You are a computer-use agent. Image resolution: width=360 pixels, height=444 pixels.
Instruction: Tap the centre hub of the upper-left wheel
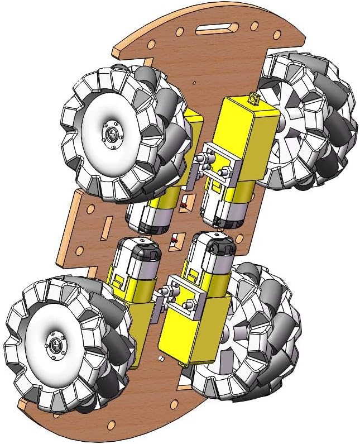pyautogui.click(x=112, y=135)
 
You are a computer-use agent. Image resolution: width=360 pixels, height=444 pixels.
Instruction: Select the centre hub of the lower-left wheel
pyautogui.click(x=55, y=344)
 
